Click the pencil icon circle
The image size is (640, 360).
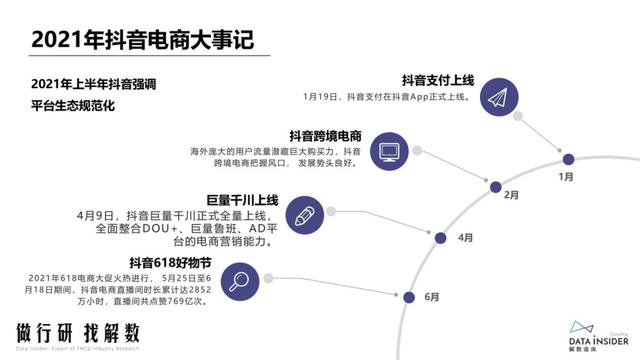pos(304,212)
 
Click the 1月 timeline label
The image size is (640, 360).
pos(567,176)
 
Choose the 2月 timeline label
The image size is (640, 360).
pos(511,194)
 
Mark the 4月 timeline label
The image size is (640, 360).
pos(465,238)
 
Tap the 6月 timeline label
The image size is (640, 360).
pos(431,297)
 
